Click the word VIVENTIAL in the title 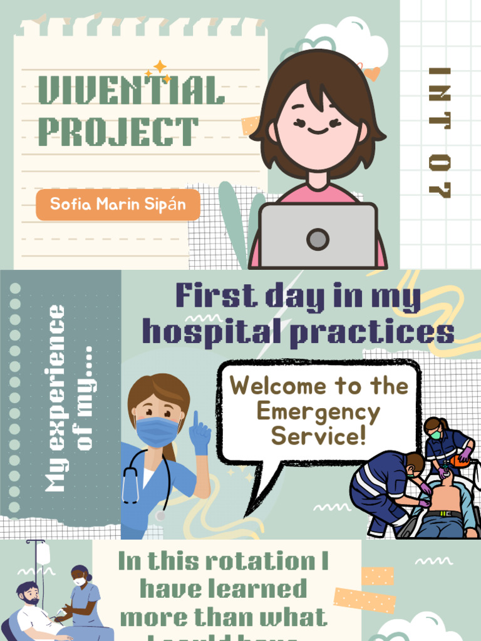131,91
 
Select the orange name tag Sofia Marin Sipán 118,205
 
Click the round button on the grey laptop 318,238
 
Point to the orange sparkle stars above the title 159,71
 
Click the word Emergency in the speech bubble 318,412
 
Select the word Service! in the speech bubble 318,436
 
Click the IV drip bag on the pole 43,554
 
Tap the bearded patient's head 28,592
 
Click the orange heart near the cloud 372,74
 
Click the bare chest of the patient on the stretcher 446,498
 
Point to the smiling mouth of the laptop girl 318,131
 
